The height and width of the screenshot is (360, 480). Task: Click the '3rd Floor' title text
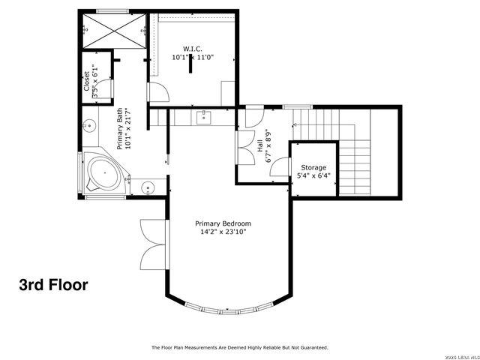53,285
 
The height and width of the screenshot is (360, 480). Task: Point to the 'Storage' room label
313,167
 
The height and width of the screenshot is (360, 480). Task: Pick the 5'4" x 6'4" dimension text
313,176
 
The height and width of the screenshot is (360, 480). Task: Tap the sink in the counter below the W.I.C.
202,116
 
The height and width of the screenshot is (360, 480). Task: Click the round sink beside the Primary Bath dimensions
88,127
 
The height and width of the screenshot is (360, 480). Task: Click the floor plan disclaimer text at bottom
240,347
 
